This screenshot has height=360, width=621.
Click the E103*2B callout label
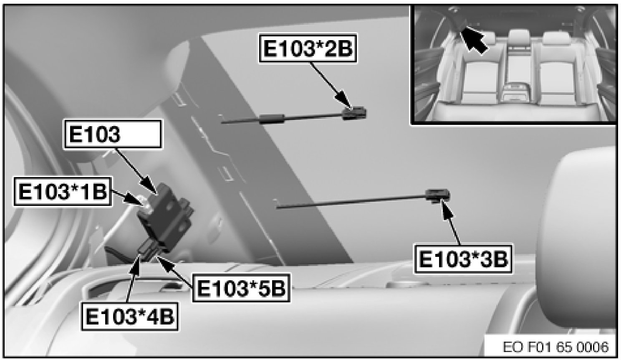[308, 48]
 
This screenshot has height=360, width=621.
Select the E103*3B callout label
[463, 259]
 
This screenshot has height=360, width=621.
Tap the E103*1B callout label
[63, 191]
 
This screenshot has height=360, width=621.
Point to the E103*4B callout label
[130, 316]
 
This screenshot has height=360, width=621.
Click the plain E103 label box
[112, 134]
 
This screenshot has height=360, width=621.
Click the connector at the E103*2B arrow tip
[355, 113]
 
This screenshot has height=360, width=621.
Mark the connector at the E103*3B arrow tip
[438, 195]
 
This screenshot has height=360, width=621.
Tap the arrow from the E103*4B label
[133, 277]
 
